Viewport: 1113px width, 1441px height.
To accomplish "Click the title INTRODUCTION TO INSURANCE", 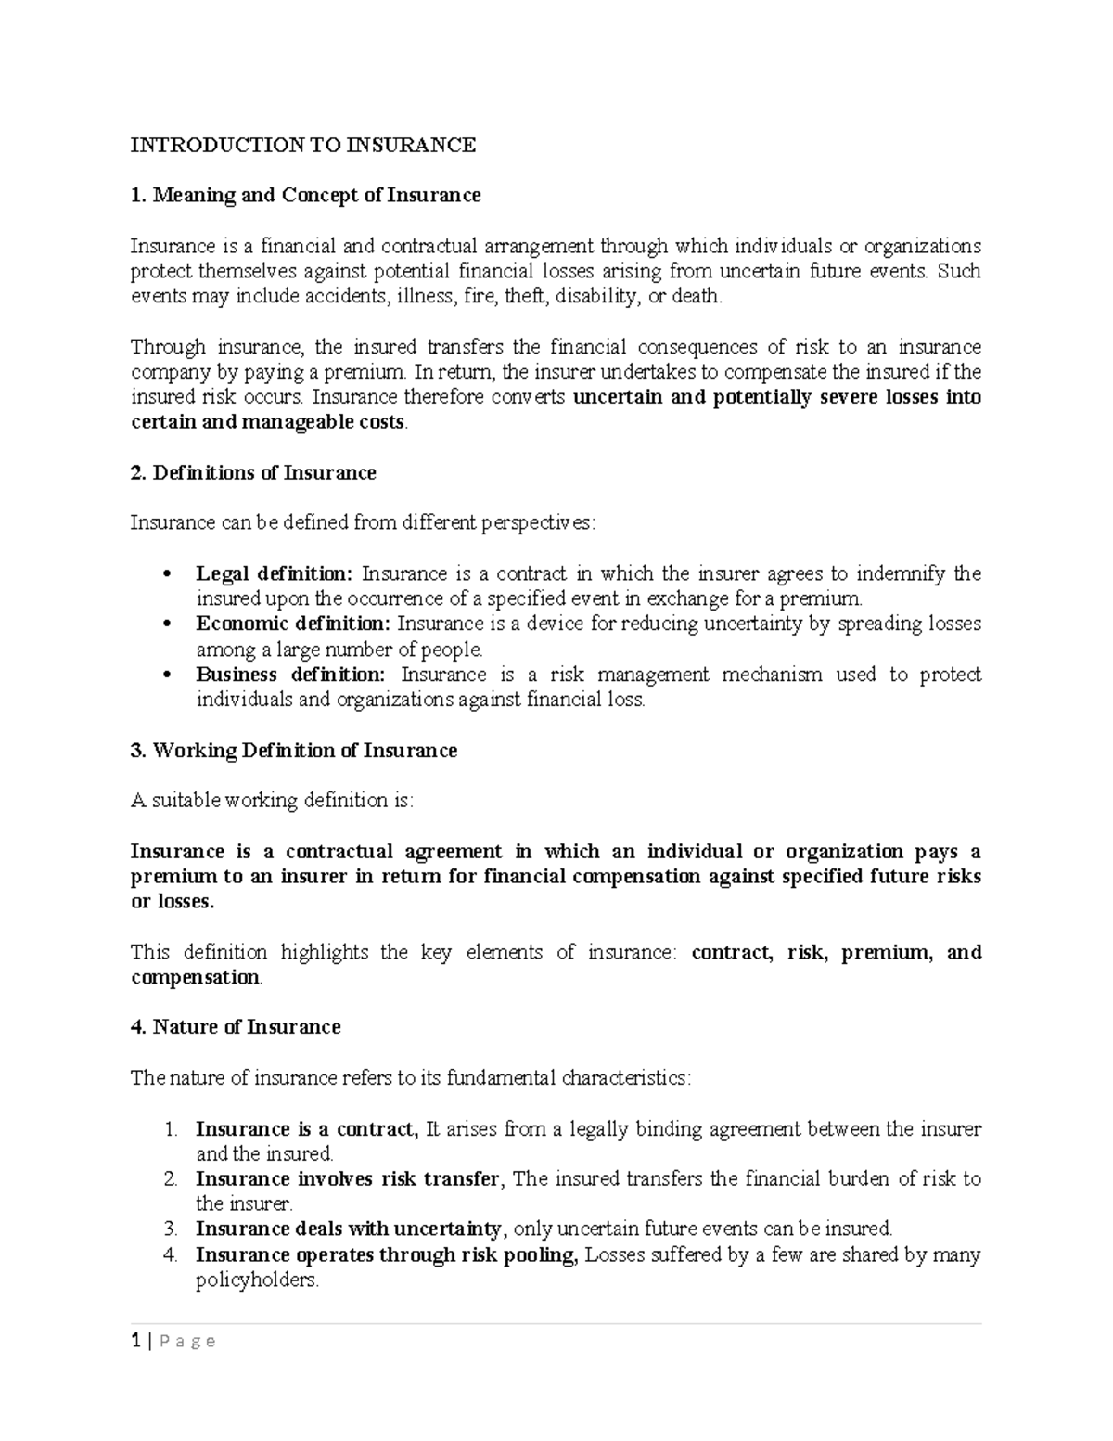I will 302,145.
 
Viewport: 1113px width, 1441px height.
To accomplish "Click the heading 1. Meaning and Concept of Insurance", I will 305,195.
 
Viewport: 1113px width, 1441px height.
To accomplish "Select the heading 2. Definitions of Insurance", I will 253,472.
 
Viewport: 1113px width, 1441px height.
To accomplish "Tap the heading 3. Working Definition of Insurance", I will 294,750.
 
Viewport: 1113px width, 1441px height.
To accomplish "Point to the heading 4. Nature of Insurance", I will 236,1027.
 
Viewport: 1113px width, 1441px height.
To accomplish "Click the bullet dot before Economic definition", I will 167,624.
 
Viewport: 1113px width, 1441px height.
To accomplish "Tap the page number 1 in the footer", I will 135,1341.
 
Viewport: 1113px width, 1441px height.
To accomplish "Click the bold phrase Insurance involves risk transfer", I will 348,1179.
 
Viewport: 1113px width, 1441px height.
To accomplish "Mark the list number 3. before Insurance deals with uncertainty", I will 170,1229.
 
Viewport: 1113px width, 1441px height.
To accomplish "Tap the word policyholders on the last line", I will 256,1280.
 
